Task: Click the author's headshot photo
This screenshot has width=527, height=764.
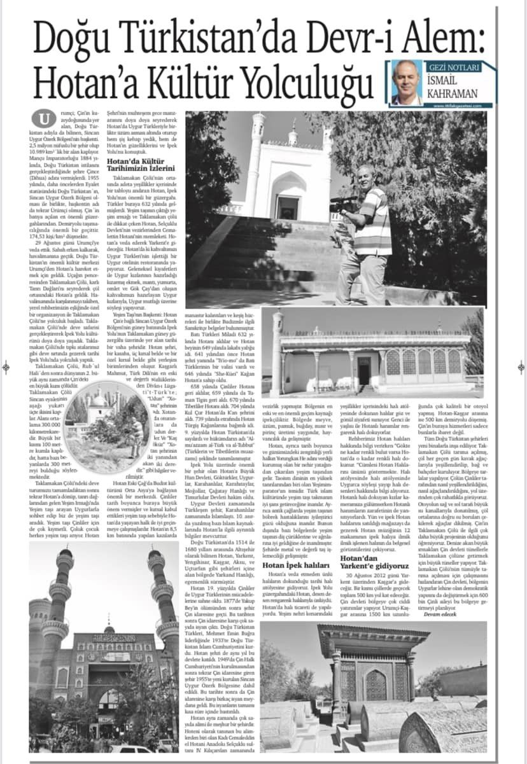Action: (x=405, y=83)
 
